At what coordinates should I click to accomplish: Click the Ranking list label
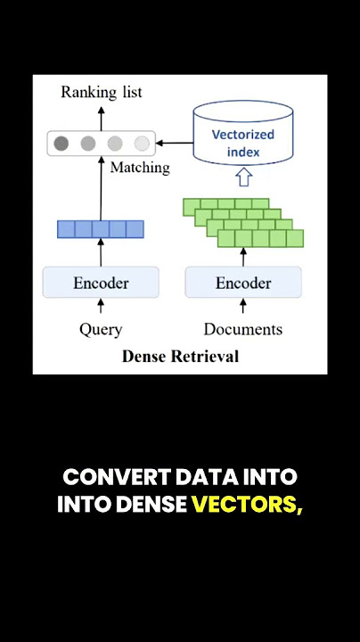coord(102,92)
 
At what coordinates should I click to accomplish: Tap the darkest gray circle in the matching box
coord(61,144)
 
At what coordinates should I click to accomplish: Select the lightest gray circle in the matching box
coord(142,144)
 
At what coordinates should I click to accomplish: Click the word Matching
coord(140,168)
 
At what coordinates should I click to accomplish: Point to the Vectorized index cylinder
coord(243,133)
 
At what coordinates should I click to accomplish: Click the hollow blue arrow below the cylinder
coord(244,177)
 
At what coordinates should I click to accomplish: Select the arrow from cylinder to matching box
coord(175,143)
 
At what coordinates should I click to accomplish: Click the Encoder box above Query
coord(101,283)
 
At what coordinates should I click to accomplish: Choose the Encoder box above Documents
coord(243,283)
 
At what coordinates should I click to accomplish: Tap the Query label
coord(101,330)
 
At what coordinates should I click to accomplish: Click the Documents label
coord(243,329)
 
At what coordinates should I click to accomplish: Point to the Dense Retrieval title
coord(180,356)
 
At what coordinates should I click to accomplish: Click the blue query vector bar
coord(101,229)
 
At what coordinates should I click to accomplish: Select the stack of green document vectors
coord(243,223)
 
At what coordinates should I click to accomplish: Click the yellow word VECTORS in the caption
coord(247,505)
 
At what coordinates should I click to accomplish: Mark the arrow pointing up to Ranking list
coord(102,118)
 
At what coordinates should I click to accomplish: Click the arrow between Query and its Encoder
coord(101,306)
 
